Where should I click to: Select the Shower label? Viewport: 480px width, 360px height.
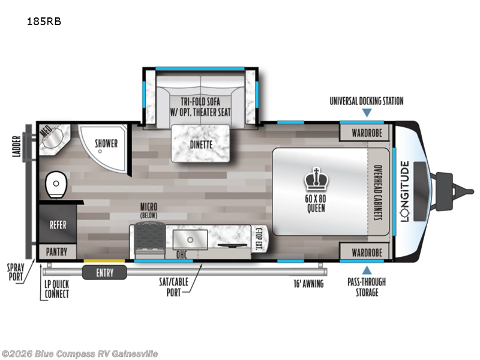(x=107, y=144)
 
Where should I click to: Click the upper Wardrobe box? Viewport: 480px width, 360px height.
(x=367, y=131)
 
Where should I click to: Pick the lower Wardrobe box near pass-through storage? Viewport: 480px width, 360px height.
(x=367, y=253)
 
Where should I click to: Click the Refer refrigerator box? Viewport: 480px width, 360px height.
(x=58, y=225)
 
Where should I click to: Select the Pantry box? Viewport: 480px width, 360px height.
(x=58, y=252)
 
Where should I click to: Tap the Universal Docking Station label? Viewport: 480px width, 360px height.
(x=366, y=101)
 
